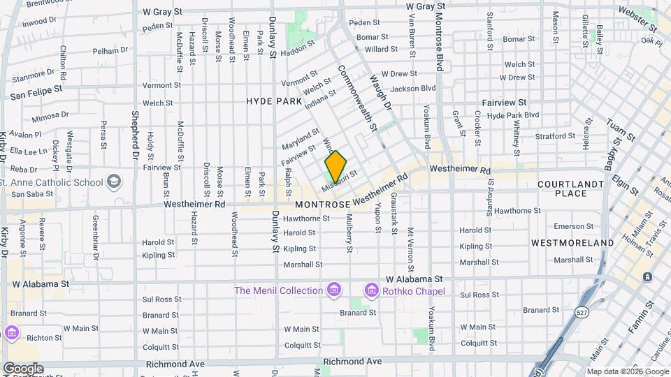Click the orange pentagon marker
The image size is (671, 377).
335,167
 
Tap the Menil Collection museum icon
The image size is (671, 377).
334,290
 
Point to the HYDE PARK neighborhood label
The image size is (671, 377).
274,101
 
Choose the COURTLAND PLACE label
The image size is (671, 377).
570,188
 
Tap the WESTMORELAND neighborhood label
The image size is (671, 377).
572,243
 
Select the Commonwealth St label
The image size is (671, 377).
357,98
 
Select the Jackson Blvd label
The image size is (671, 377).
413,89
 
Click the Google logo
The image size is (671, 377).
22,369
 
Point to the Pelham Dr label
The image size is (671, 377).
110,50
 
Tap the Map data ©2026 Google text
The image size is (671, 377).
628,371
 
